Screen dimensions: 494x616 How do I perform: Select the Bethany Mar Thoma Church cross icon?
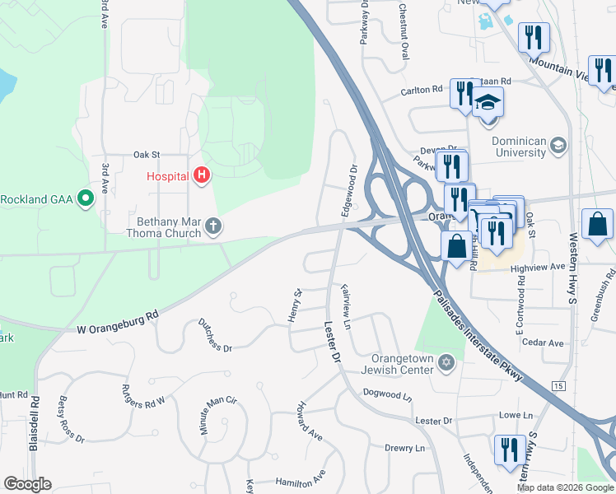click(x=212, y=226)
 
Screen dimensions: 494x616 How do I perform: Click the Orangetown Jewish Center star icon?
click(x=446, y=363)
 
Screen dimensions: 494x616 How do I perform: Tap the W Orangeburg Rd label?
click(x=118, y=322)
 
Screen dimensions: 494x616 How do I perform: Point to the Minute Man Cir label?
click(x=217, y=415)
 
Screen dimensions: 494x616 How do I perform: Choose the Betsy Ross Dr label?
click(x=72, y=419)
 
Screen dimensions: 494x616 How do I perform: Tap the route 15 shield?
click(x=559, y=385)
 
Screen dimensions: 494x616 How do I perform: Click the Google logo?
click(x=27, y=484)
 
